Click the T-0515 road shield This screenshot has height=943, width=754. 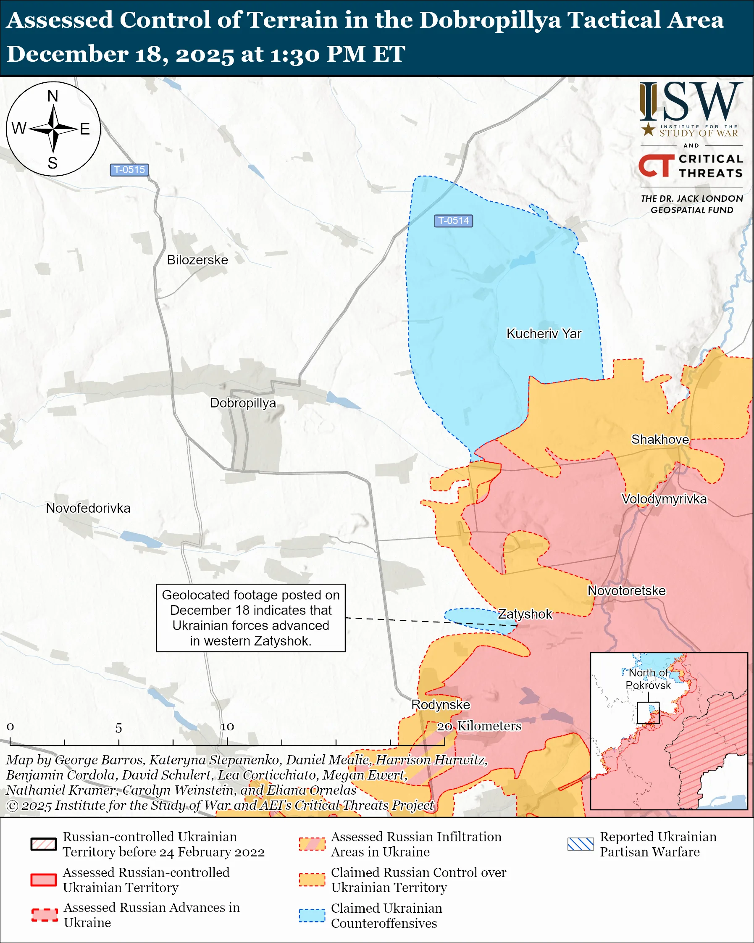coord(129,170)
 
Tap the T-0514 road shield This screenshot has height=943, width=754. coord(453,221)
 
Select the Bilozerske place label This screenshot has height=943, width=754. coord(197,260)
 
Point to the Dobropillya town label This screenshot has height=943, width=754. coord(243,403)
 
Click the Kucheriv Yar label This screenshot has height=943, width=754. coord(543,334)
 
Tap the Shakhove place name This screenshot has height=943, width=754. coord(659,440)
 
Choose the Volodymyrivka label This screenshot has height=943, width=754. coord(664,499)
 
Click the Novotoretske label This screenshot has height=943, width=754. coord(626,590)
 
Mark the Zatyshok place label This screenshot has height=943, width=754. coord(525,614)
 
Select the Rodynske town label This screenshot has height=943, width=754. coord(440,705)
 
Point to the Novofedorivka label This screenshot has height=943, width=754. coord(88,508)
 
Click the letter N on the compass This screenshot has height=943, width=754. coord(53,96)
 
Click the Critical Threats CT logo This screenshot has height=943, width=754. coord(656,165)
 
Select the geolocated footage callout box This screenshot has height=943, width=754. coord(250,618)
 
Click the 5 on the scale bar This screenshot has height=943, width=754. coord(118,728)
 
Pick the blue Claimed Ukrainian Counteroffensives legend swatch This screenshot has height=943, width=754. coord(312,915)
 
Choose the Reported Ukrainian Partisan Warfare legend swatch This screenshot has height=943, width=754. coord(580,844)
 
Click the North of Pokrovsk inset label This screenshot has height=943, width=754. coord(648,679)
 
